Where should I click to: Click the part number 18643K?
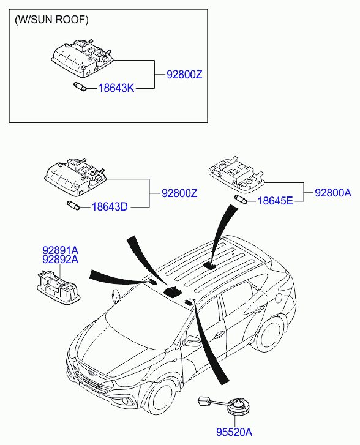pyautogui.click(x=116, y=88)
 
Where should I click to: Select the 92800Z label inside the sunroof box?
pyautogui.click(x=184, y=75)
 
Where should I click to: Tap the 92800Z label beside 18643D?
pyautogui.click(x=179, y=193)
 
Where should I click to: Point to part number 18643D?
pyautogui.click(x=110, y=207)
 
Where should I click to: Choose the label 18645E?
pyautogui.click(x=275, y=201)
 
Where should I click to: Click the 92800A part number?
pyautogui.click(x=333, y=193)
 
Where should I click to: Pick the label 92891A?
pyautogui.click(x=61, y=250)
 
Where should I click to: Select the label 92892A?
pyautogui.click(x=61, y=260)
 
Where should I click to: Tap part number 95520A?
pyautogui.click(x=234, y=432)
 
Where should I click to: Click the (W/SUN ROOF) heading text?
pyautogui.click(x=51, y=20)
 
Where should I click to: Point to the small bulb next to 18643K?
pyautogui.click(x=80, y=86)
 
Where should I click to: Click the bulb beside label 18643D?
pyautogui.click(x=73, y=205)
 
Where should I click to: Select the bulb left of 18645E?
pyautogui.click(x=241, y=200)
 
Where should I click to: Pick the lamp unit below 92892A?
pyautogui.click(x=59, y=287)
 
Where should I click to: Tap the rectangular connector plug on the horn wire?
pyautogui.click(x=203, y=401)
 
